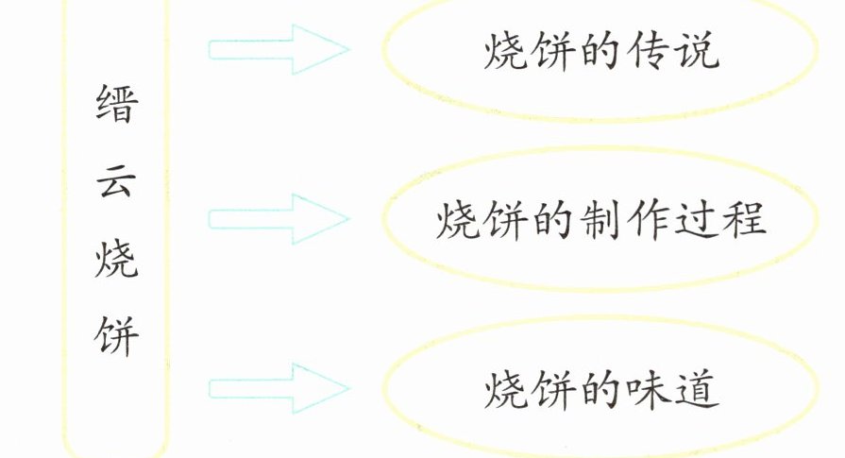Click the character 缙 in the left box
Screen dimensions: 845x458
pyautogui.click(x=116, y=111)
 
